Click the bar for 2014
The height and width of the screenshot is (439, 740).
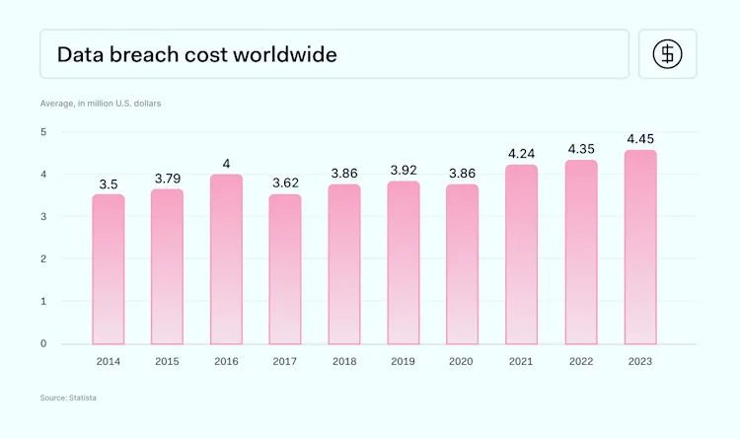click(109, 269)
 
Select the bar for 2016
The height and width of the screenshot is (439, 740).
click(226, 259)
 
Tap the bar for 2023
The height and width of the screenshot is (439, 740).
click(639, 248)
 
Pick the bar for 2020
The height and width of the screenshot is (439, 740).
click(462, 264)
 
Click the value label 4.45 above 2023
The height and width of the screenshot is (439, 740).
click(639, 138)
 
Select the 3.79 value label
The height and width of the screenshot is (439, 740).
click(168, 178)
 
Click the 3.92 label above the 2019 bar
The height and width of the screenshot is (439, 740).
click(403, 170)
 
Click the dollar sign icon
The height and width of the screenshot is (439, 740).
click(668, 54)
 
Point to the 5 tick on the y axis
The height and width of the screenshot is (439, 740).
click(43, 131)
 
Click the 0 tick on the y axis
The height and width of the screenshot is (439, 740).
click(43, 344)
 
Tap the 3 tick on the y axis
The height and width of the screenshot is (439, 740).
click(43, 217)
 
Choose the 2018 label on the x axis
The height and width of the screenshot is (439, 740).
click(344, 361)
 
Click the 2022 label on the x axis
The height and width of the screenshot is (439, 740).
click(580, 361)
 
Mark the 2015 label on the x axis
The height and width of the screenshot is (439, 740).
click(168, 361)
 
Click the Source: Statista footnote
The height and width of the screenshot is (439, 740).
click(68, 397)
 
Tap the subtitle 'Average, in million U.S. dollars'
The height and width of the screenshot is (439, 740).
click(101, 103)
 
